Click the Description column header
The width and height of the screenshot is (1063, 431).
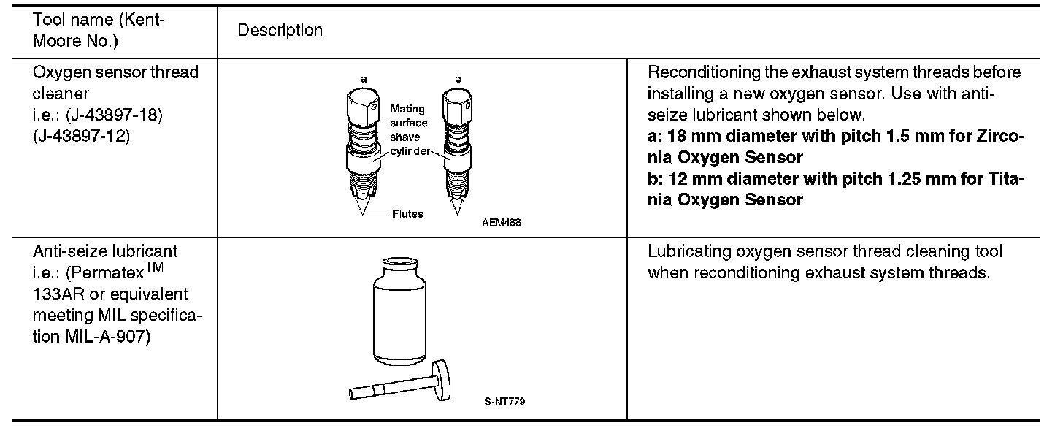coord(280,31)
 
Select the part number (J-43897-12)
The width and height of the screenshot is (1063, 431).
coord(81,136)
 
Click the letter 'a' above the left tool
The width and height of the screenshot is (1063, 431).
coord(364,80)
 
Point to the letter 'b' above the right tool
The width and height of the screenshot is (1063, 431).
coord(458,78)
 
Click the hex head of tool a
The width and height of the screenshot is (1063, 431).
coord(363,105)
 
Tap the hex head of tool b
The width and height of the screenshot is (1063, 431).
coord(458,105)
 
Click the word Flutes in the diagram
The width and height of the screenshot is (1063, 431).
coord(407,214)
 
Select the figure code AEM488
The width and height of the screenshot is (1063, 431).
coord(501,222)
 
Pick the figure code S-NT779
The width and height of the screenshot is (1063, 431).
coord(504,402)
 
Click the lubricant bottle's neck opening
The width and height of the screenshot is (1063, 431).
coord(399,262)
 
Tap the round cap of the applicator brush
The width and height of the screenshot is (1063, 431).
coord(442,380)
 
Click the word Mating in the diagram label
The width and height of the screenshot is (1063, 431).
coord(407,109)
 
